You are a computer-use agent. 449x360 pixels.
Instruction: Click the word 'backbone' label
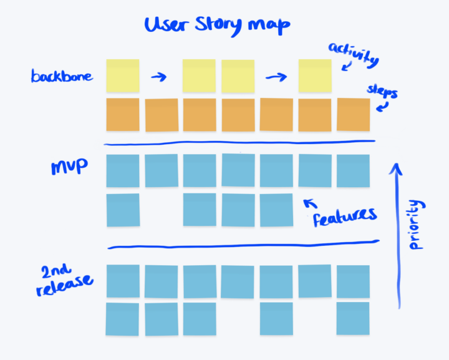pyautogui.click(x=62, y=77)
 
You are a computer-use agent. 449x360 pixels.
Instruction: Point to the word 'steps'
pyautogui.click(x=382, y=93)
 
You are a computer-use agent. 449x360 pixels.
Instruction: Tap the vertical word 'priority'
pyautogui.click(x=418, y=225)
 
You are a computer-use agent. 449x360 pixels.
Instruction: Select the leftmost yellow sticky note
pyautogui.click(x=123, y=75)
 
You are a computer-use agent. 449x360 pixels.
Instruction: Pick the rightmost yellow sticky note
pyautogui.click(x=315, y=75)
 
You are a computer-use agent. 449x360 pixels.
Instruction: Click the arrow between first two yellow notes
pyautogui.click(x=160, y=77)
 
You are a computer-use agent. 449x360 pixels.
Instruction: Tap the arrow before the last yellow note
pyautogui.click(x=276, y=77)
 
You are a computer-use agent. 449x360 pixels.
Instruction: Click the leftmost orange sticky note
pyautogui.click(x=123, y=115)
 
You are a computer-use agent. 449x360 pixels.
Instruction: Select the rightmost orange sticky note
pyautogui.click(x=354, y=115)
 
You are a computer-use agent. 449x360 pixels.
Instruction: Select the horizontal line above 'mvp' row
pyautogui.click(x=240, y=143)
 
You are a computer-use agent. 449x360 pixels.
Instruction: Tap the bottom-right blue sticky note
pyautogui.click(x=353, y=318)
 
